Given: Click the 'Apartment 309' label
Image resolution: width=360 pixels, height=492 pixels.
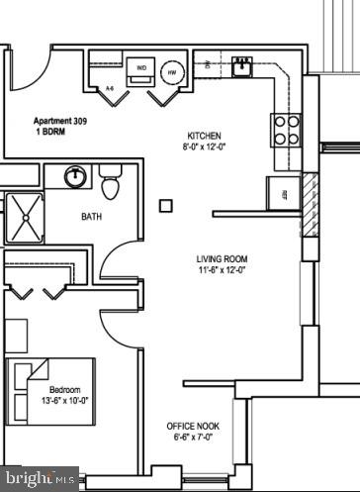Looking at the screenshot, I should coord(61,117).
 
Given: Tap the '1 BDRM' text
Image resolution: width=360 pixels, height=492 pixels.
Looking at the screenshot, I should coord(48,129).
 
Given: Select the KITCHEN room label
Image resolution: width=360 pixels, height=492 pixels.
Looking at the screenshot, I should coord(205,136).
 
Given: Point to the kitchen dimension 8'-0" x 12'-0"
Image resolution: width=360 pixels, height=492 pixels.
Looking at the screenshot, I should coord(205,148).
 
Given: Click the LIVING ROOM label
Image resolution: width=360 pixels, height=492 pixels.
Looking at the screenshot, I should coord(221,257).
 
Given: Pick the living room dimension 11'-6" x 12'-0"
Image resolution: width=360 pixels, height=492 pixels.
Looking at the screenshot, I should coord(221,269).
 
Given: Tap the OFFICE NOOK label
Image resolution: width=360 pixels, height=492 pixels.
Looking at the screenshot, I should coord(193,426).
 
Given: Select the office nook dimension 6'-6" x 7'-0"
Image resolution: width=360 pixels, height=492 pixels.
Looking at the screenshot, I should coord(193,438).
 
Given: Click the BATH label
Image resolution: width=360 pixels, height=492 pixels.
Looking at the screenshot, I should coord(92,217).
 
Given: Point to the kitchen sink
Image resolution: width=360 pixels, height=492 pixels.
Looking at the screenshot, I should coord(241,67).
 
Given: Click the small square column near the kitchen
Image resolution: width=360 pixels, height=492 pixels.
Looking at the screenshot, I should coord(166,206).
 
